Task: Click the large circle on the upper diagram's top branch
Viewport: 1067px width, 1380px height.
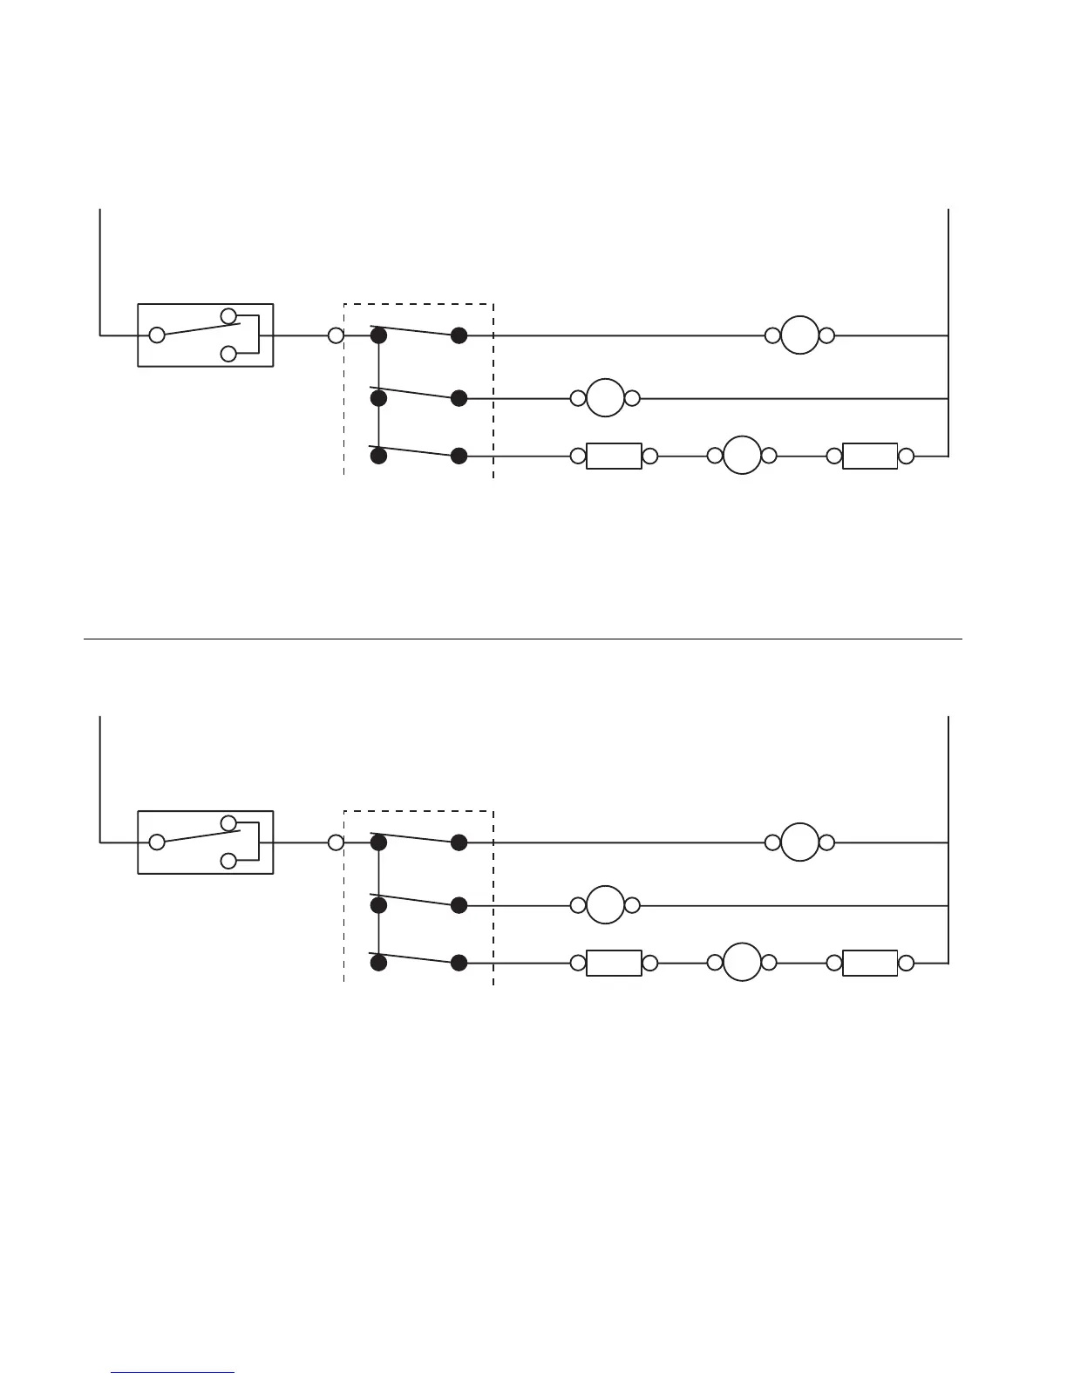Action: (799, 335)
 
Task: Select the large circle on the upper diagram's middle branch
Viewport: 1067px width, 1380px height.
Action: (605, 398)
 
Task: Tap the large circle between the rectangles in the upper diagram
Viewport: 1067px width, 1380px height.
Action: (743, 456)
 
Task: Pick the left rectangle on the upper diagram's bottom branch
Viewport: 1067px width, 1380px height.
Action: (614, 456)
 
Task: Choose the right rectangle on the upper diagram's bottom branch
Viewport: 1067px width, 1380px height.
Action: (870, 456)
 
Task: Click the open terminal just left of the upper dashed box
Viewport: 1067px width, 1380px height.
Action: (336, 335)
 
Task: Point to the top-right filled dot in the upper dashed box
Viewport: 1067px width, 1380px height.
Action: (459, 335)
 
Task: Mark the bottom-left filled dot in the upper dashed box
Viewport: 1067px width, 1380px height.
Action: (378, 456)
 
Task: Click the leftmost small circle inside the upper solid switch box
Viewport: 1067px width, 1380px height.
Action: (157, 335)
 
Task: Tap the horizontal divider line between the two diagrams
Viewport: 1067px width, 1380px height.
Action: (523, 639)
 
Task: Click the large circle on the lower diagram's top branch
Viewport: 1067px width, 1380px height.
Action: (799, 842)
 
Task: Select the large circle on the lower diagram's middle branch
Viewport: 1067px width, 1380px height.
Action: (605, 905)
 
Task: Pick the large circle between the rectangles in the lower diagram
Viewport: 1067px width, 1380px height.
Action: (743, 963)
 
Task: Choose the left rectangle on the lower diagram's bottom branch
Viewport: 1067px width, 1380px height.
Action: (614, 963)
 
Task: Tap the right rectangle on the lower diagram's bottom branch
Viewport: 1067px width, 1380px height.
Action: (870, 963)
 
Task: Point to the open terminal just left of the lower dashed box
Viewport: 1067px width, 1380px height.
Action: (336, 842)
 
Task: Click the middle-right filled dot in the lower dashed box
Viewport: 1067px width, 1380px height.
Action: (459, 905)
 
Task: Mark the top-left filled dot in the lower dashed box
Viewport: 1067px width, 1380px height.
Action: (378, 842)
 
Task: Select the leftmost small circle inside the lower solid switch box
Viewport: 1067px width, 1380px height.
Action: (157, 842)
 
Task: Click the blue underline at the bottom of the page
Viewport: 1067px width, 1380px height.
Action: (173, 1373)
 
